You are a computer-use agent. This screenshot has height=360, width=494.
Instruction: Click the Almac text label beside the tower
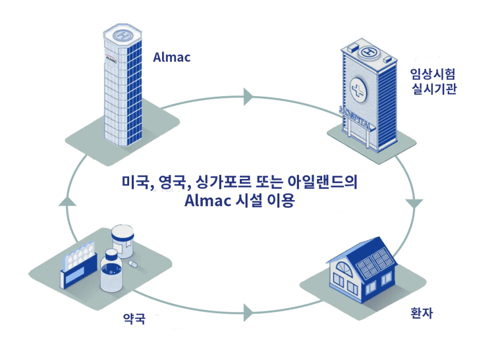point(172,57)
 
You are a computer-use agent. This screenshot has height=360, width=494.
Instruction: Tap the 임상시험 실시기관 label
point(434,82)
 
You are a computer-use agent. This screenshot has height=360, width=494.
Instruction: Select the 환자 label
point(422,313)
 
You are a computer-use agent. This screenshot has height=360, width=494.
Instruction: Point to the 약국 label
point(134,319)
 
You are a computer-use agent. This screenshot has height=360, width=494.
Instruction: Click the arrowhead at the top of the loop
point(248,97)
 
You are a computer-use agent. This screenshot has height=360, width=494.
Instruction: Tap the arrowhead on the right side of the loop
point(414,203)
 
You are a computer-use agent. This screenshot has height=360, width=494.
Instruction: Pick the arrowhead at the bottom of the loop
point(248,313)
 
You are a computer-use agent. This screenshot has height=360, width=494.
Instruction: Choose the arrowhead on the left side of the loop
point(67,201)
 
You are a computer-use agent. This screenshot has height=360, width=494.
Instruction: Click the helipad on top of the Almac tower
point(123,35)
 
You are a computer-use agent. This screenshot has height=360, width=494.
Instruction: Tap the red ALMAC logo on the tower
point(111,58)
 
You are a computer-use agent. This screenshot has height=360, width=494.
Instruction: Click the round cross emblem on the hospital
point(358,90)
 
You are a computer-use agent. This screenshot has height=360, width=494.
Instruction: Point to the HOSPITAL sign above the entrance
point(356,118)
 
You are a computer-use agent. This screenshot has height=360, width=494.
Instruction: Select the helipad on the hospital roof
point(369,52)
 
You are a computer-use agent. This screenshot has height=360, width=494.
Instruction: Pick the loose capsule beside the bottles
point(132,264)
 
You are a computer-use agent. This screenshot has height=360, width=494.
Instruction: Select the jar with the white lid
point(123,242)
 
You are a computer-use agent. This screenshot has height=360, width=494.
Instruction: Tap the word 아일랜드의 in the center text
point(322,182)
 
